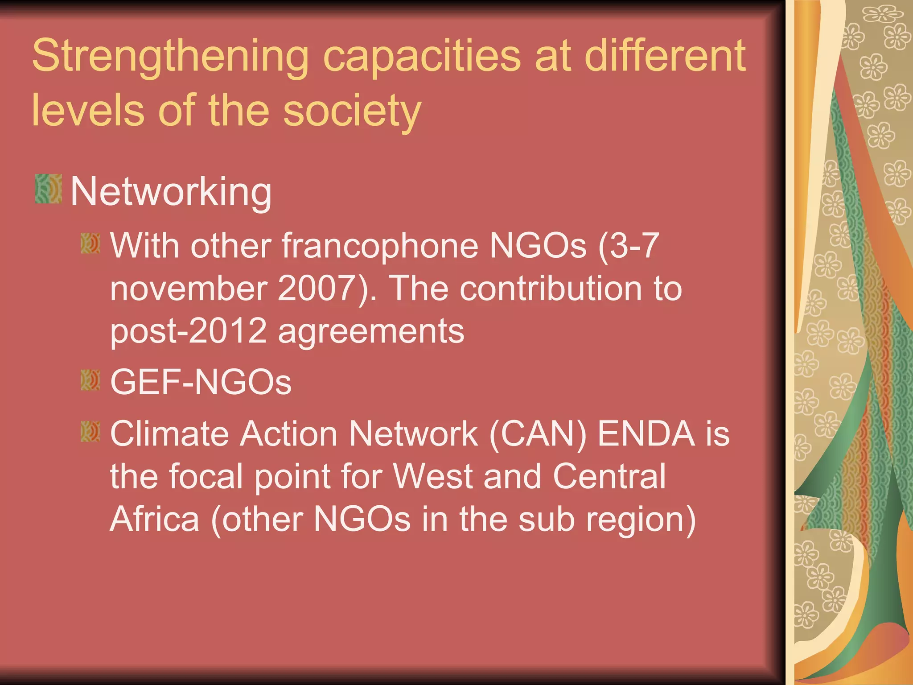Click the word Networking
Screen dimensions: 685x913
pyautogui.click(x=171, y=192)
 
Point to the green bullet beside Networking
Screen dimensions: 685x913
pyautogui.click(x=48, y=189)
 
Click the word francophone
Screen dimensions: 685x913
pyautogui.click(x=379, y=246)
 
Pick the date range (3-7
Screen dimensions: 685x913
pyautogui.click(x=628, y=246)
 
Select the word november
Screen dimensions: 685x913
pyautogui.click(x=189, y=289)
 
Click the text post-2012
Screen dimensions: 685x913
pyautogui.click(x=188, y=331)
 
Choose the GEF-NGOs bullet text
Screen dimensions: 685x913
pyautogui.click(x=201, y=382)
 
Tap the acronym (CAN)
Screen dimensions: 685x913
pyautogui.click(x=538, y=434)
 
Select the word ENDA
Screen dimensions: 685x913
pyautogui.click(x=646, y=434)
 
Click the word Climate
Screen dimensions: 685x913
pyautogui.click(x=169, y=434)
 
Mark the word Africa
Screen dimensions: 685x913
pyautogui.click(x=154, y=520)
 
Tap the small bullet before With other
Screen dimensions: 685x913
pyautogui.click(x=90, y=243)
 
